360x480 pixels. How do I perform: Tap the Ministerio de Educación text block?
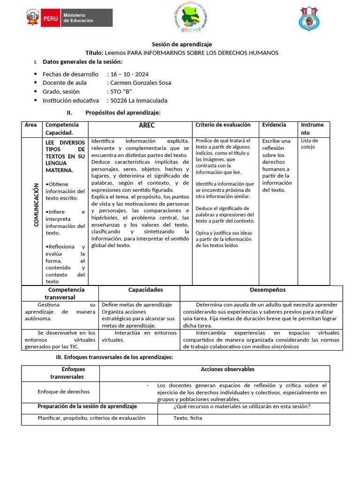(x=78, y=18)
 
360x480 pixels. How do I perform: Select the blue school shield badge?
(x=310, y=19)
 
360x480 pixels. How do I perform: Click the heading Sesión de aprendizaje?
(x=180, y=44)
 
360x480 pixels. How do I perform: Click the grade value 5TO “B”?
(x=120, y=91)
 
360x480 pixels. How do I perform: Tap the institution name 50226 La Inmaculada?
(x=138, y=100)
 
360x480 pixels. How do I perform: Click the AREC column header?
(x=146, y=126)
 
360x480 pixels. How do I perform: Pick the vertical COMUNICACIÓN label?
(x=36, y=205)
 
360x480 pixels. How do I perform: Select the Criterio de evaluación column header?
(x=223, y=125)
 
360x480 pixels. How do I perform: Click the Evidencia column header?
(x=274, y=125)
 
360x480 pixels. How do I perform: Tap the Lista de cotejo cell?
(x=309, y=143)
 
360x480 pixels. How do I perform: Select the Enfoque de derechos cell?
(x=63, y=391)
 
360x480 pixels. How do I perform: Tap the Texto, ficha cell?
(x=187, y=418)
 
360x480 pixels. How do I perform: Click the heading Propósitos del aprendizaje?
(x=122, y=112)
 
